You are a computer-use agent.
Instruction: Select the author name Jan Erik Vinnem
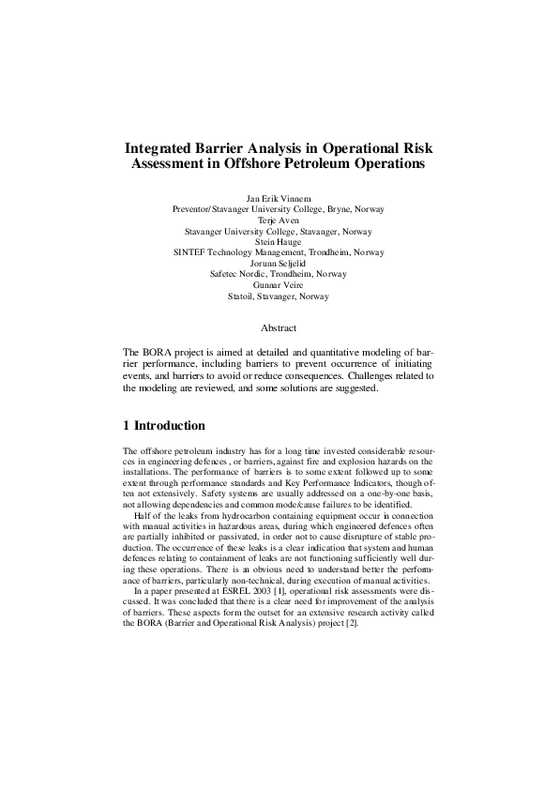(x=279, y=199)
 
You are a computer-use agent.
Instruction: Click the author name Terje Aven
(x=279, y=220)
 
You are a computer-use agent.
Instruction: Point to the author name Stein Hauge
(x=279, y=241)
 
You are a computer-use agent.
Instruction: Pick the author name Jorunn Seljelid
(x=279, y=263)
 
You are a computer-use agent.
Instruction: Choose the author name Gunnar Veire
(x=279, y=284)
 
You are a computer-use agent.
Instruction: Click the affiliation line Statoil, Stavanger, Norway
(x=279, y=296)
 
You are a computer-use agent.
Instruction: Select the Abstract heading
(x=279, y=328)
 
